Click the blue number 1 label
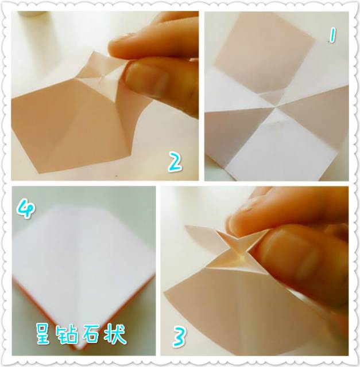pyautogui.click(x=331, y=37)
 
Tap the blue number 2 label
pyautogui.click(x=175, y=162)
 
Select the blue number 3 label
pyautogui.click(x=179, y=337)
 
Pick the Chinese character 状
pyautogui.click(x=115, y=333)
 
